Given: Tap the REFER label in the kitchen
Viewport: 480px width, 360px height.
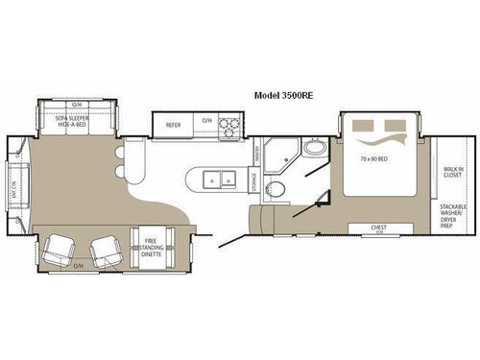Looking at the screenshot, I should [174, 124].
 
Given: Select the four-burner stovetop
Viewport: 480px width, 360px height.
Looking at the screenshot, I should [230, 124].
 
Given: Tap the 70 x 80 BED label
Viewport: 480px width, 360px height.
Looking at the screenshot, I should [371, 159].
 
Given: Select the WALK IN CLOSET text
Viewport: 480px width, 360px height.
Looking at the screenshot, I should [453, 174].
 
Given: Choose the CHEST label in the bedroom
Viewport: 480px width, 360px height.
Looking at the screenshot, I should [379, 227].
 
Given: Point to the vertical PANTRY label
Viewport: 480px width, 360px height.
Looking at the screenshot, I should [260, 151].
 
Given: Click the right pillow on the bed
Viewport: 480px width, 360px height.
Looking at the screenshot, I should [394, 126].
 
